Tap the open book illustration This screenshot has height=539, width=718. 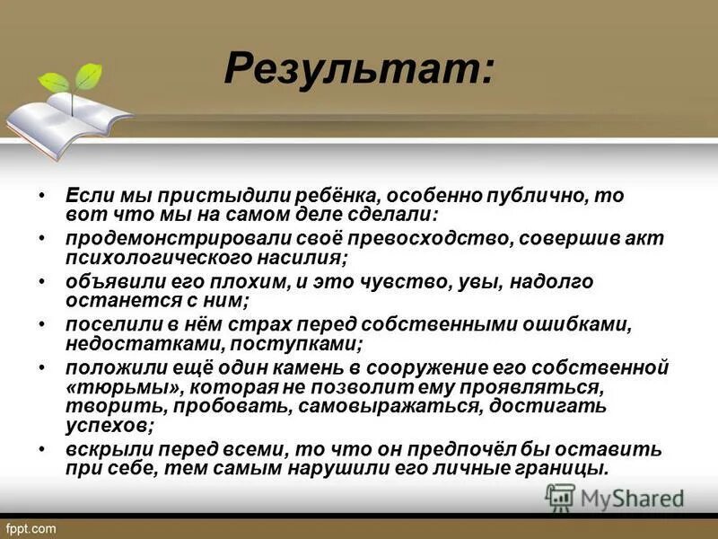(67, 120)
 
